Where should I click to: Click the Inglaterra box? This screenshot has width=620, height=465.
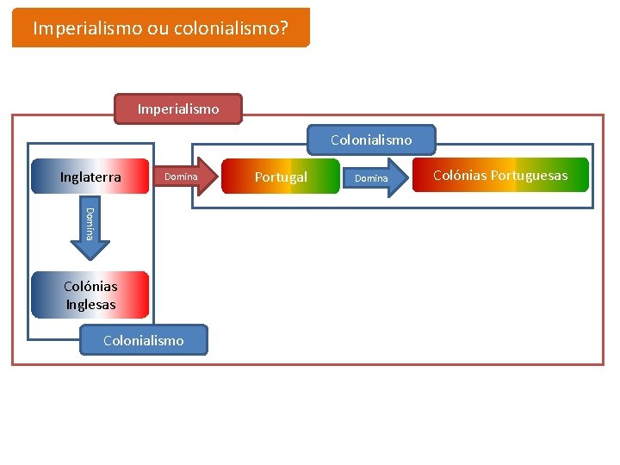(x=90, y=177)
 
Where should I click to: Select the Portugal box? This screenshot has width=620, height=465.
(x=281, y=177)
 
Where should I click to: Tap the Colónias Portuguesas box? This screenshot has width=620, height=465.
(x=500, y=175)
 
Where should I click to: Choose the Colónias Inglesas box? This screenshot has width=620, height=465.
(x=90, y=295)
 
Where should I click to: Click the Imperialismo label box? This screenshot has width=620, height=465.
(x=178, y=109)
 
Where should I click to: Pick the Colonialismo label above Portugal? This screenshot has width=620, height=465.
(x=371, y=139)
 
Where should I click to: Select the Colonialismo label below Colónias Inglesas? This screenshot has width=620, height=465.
(x=143, y=340)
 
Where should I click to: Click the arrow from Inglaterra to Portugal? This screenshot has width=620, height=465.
(x=184, y=177)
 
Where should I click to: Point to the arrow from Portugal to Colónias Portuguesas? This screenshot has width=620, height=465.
(x=375, y=178)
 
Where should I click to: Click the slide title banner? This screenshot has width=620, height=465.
(x=160, y=28)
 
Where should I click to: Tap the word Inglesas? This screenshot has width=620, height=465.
(x=90, y=304)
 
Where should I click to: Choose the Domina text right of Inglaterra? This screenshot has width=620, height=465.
(x=181, y=177)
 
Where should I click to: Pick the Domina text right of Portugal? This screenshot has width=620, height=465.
(x=372, y=178)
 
